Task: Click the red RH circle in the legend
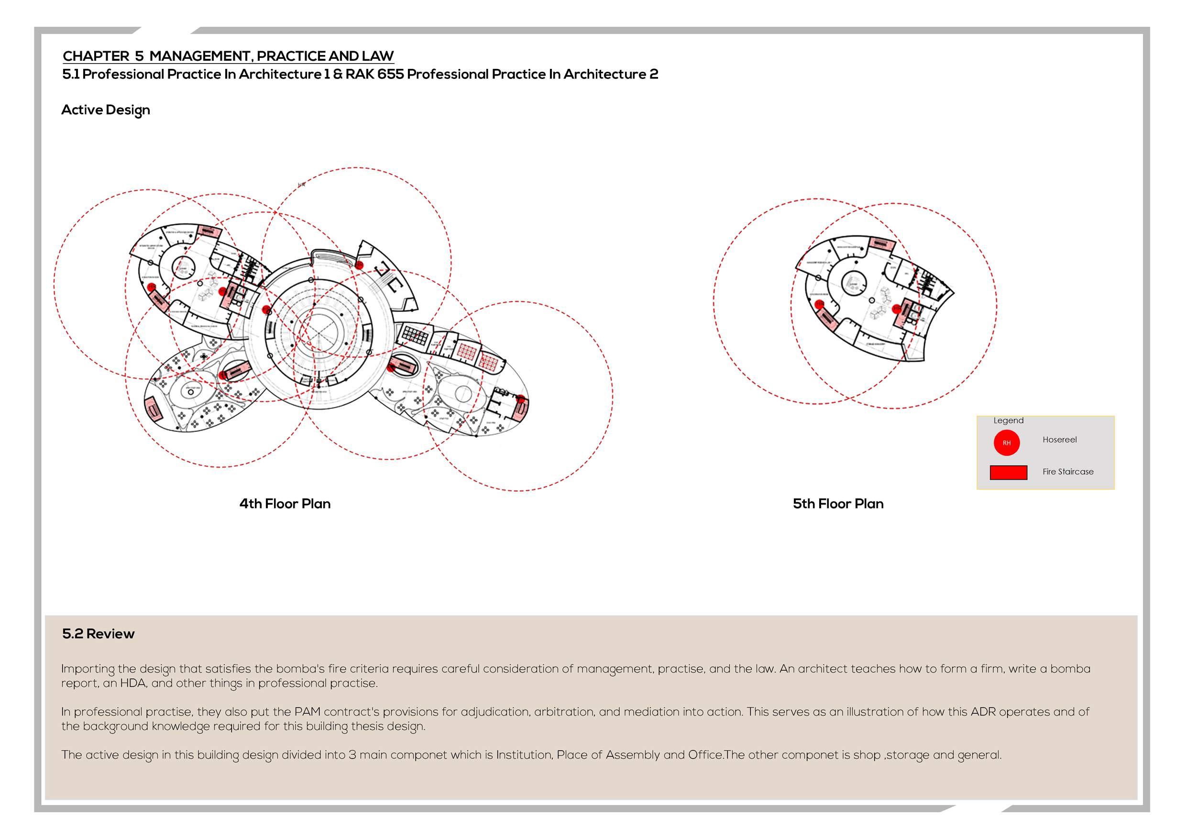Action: point(1006,443)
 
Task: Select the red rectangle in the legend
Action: point(1008,472)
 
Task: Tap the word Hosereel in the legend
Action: point(1059,440)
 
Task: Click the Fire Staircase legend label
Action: point(1068,472)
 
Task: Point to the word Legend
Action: point(1008,420)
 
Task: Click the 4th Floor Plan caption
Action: point(285,504)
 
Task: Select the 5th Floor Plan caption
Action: point(838,504)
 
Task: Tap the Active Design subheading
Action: point(105,110)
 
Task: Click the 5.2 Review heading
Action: point(98,634)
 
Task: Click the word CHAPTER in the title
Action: point(96,56)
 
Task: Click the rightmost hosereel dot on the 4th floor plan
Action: point(521,399)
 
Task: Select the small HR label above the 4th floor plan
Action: point(302,185)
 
